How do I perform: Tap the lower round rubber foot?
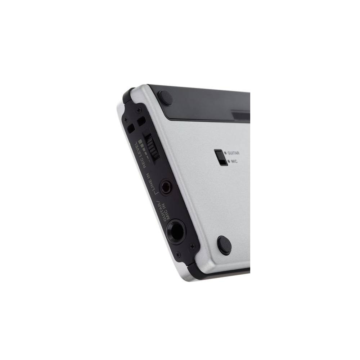pos(224,246)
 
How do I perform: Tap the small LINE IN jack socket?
pos(166,187)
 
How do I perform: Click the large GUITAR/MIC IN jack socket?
pos(176,230)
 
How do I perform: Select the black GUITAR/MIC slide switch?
pos(220,158)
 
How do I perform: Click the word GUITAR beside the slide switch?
pos(234,153)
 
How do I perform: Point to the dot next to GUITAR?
pos(225,153)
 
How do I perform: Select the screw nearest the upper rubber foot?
pos(139,109)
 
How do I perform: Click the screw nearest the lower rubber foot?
pos(192,246)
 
